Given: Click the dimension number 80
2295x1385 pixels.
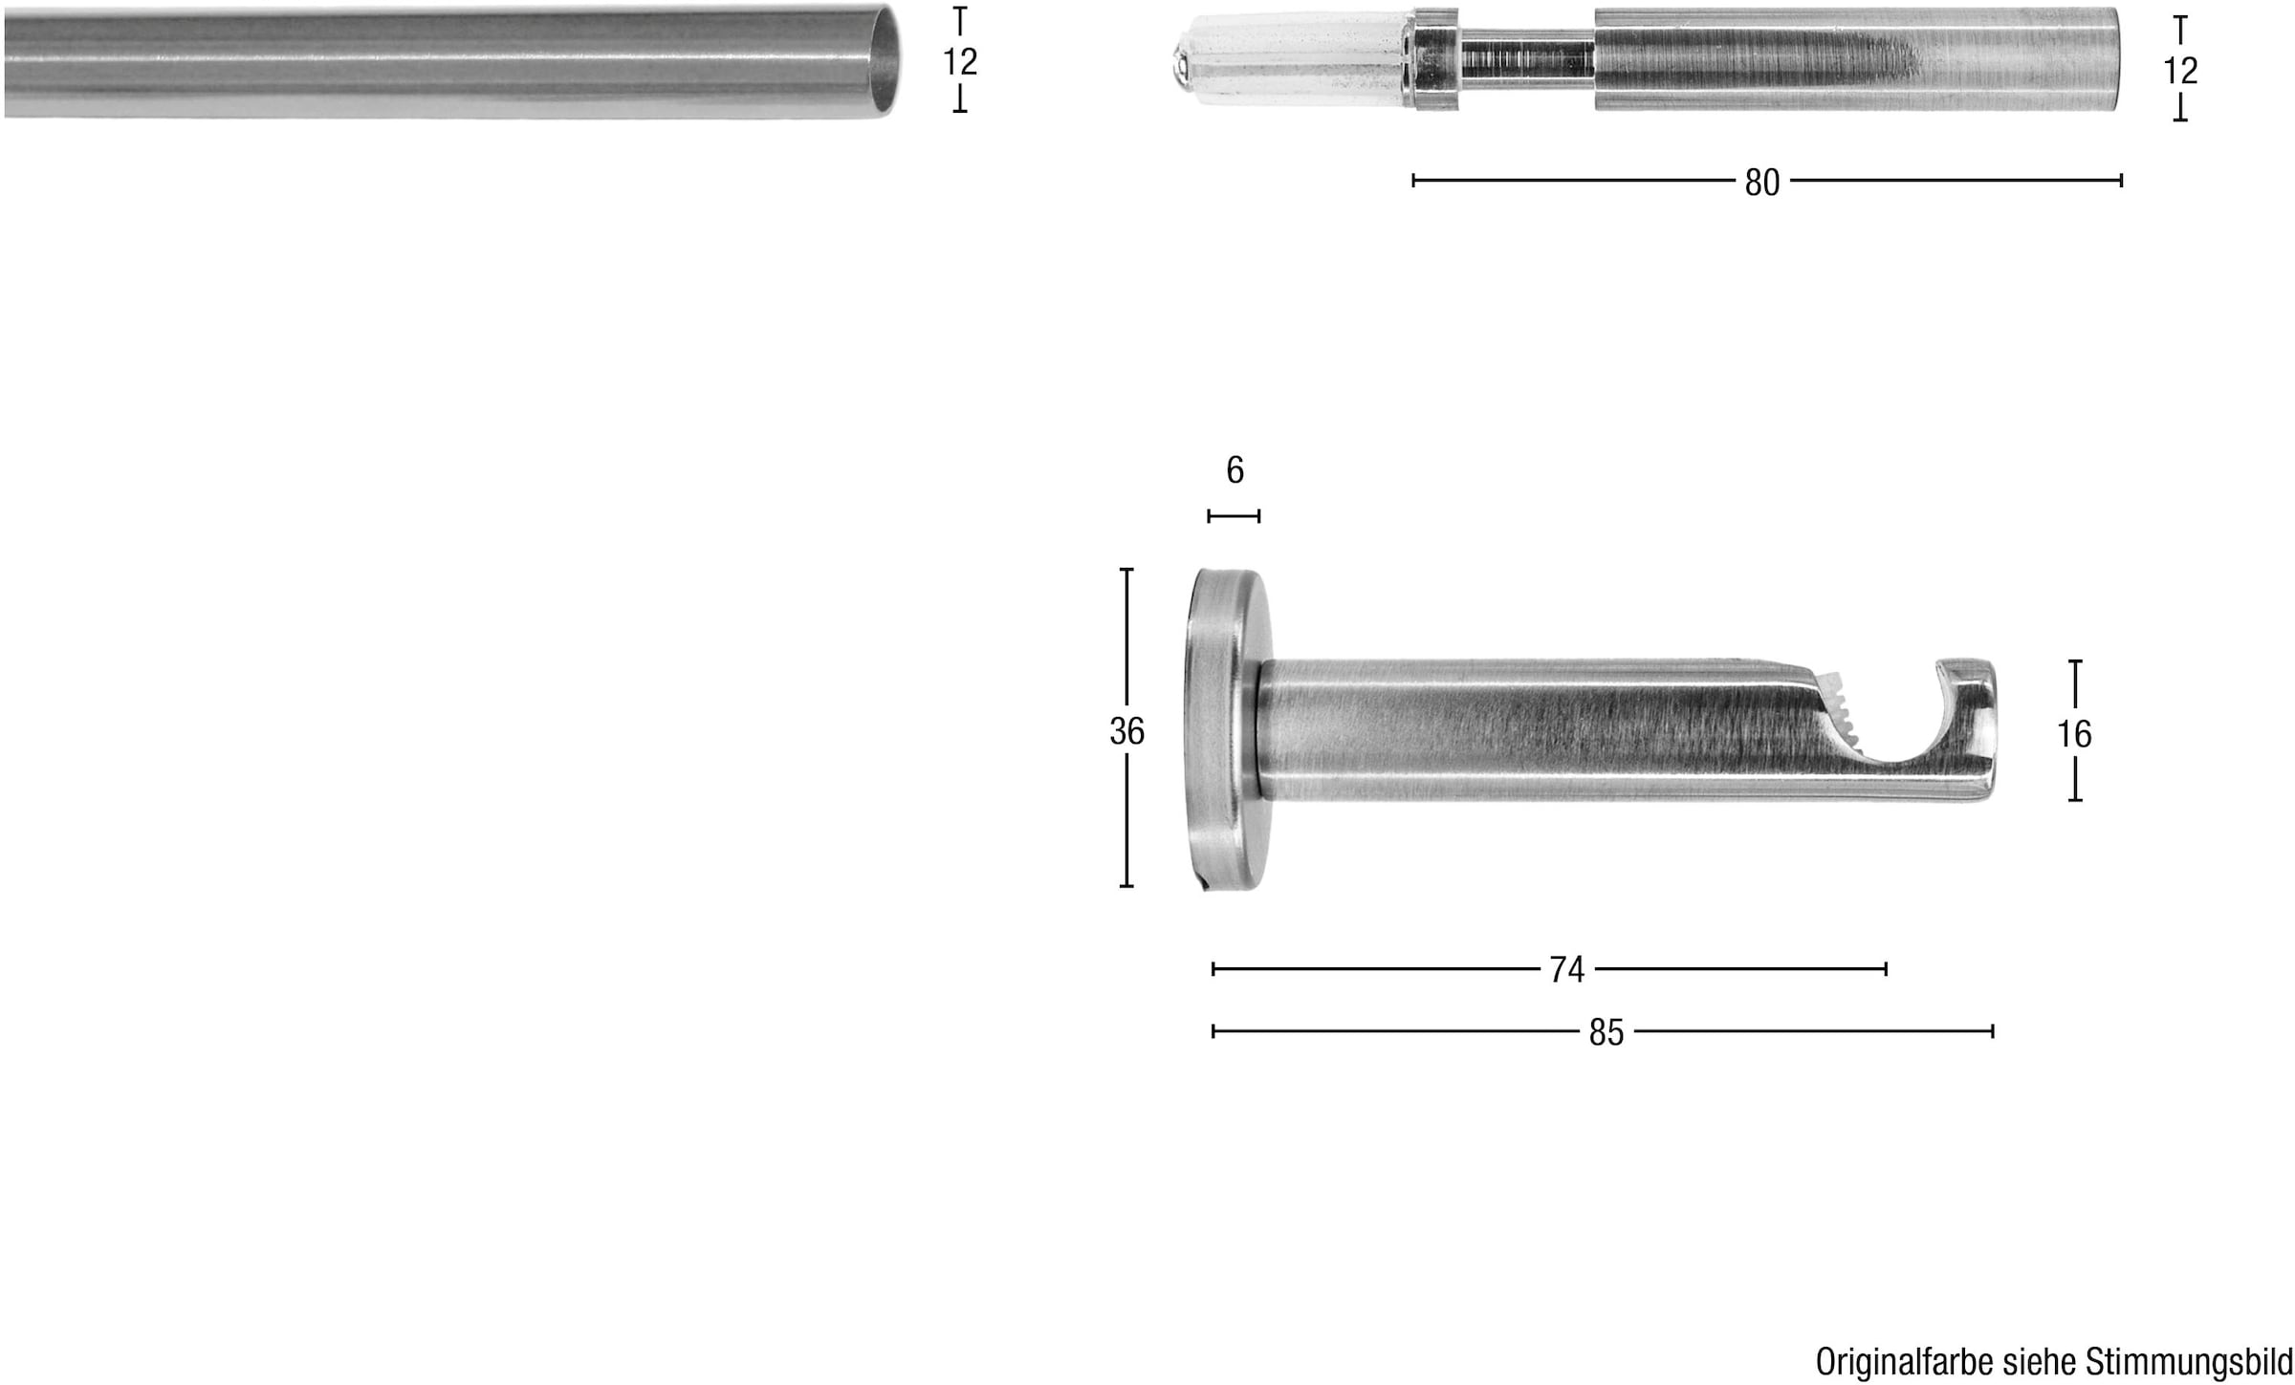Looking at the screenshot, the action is (x=1761, y=182).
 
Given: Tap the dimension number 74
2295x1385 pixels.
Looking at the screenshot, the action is (x=1566, y=969).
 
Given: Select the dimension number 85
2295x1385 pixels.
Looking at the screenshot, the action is (x=1606, y=1031).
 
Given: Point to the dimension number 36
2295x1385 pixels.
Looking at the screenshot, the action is (x=1126, y=731).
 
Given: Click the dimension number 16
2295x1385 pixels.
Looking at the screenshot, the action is (x=2074, y=733).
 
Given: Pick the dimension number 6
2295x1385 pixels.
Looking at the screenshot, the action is (x=1235, y=469).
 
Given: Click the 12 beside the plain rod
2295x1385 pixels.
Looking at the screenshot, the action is (x=960, y=61).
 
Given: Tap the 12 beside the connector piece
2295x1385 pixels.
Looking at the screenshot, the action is (x=2180, y=70).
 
